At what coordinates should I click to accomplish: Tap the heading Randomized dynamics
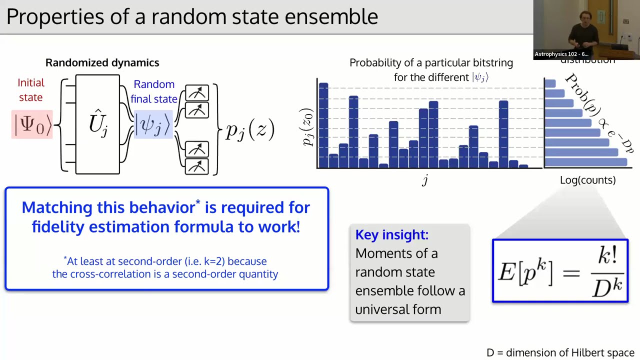pos(102,62)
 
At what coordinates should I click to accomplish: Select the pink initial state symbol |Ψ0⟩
pos(32,124)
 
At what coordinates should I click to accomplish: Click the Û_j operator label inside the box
pos(98,123)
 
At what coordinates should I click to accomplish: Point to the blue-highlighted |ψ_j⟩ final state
pos(153,124)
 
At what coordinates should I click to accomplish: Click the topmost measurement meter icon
pos(197,93)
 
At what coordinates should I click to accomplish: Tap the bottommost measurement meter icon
pos(197,166)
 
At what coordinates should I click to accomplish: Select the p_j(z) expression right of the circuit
pos(250,130)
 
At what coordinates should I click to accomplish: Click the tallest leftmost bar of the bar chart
pos(323,125)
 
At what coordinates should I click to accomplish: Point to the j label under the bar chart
pos(425,180)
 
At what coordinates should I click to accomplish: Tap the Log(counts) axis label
pos(587,180)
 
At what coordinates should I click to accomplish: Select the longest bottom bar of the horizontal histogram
pos(585,162)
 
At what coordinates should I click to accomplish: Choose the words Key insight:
pos(391,234)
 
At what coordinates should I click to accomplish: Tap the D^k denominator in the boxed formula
pos(607,287)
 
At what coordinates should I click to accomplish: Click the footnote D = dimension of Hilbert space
pos(560,352)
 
